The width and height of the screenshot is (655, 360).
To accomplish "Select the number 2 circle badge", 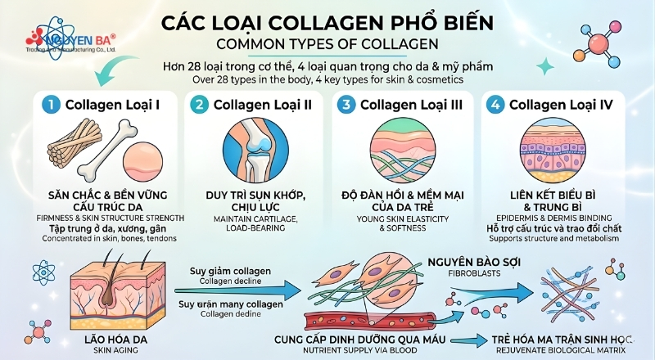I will [x=198, y=105].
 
